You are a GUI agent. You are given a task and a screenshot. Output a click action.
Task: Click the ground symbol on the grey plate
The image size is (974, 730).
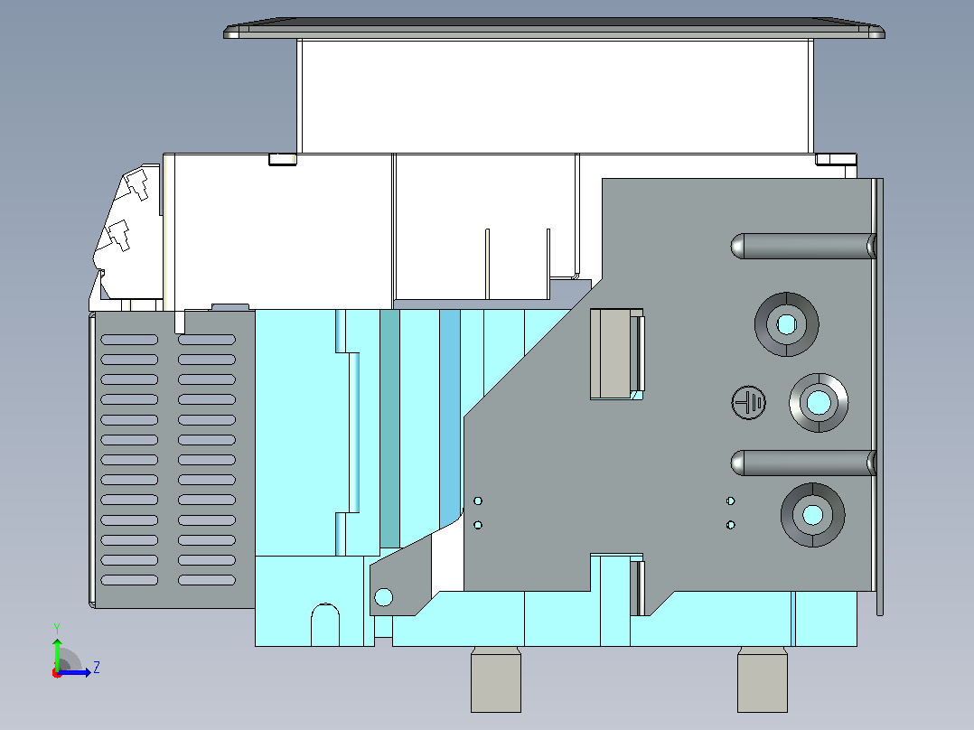(748, 403)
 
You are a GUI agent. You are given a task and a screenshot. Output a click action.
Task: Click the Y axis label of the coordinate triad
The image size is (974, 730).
(57, 628)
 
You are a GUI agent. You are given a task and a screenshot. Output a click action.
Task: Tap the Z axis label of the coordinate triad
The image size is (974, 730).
(97, 668)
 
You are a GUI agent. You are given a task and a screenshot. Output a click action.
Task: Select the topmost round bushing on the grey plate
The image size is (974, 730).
(786, 324)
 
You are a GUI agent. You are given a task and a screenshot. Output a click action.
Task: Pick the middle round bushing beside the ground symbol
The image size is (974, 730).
(819, 403)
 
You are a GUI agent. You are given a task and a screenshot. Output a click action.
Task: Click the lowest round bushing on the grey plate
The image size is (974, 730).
(812, 515)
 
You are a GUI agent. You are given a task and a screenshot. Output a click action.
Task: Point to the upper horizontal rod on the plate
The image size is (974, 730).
(803, 246)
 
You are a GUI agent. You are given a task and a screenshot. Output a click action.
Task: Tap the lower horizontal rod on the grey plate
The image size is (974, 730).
(803, 463)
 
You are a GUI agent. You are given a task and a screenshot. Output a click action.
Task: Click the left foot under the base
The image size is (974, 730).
(496, 679)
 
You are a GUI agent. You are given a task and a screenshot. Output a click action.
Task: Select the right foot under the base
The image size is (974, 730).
(763, 679)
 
